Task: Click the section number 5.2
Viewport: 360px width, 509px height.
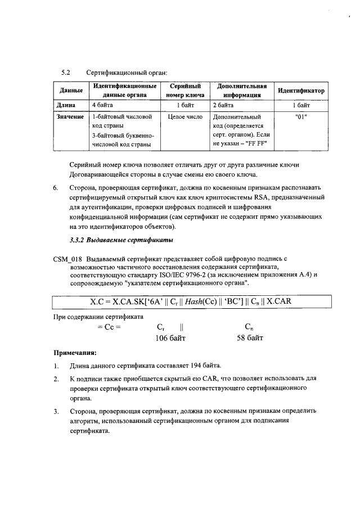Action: coord(65,73)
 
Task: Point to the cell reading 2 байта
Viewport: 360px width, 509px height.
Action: coord(223,105)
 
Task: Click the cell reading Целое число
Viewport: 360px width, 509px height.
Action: coord(185,116)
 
